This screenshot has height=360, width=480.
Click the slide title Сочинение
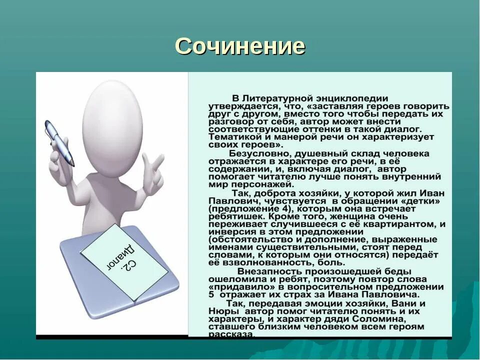click(x=240, y=46)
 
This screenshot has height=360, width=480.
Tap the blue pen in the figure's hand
click(x=59, y=142)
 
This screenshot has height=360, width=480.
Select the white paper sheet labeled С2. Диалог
click(x=124, y=262)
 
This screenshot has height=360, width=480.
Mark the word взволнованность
click(x=270, y=262)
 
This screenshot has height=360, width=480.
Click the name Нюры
click(x=220, y=311)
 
